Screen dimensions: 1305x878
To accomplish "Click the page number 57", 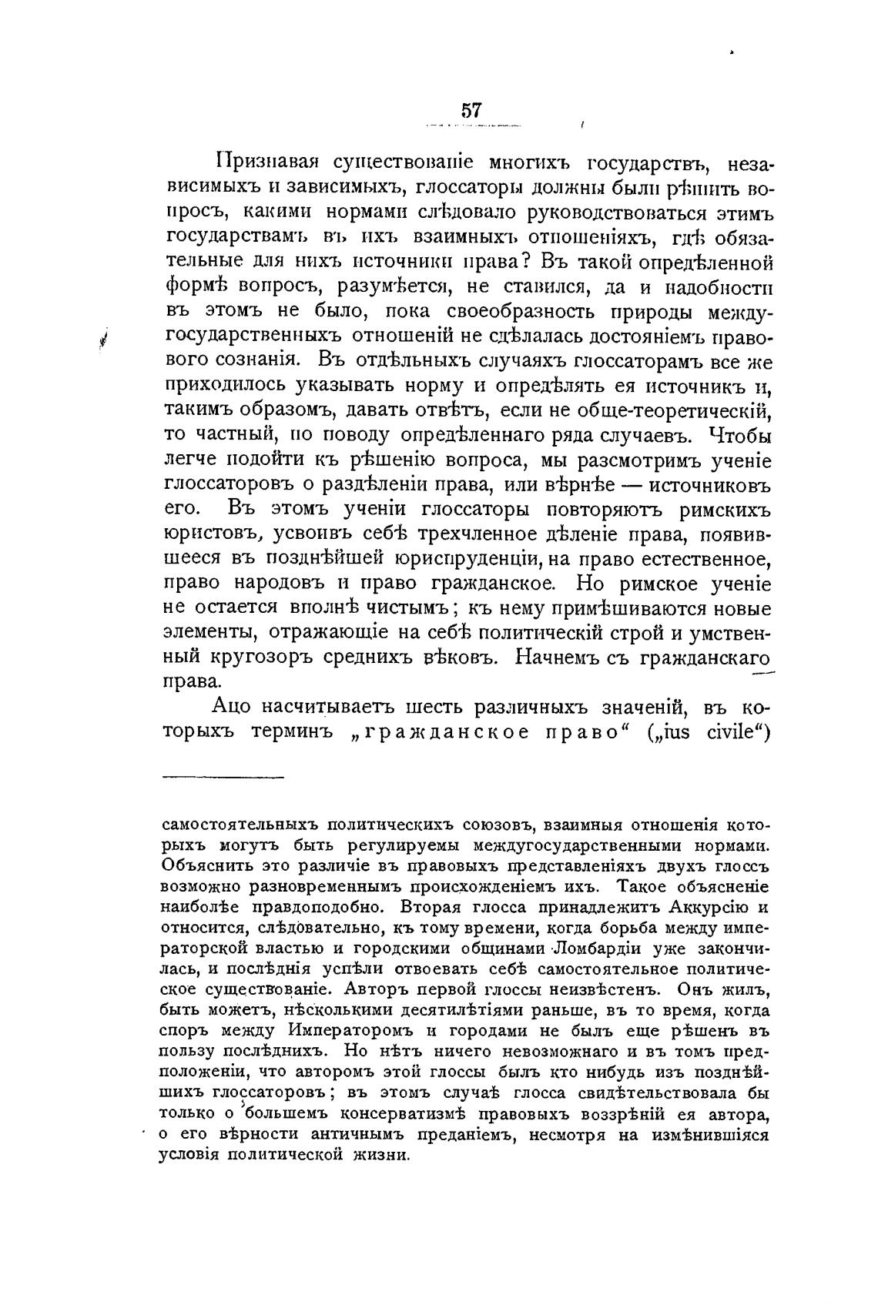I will coord(471,109).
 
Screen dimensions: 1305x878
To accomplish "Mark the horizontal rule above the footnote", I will coord(223,776).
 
